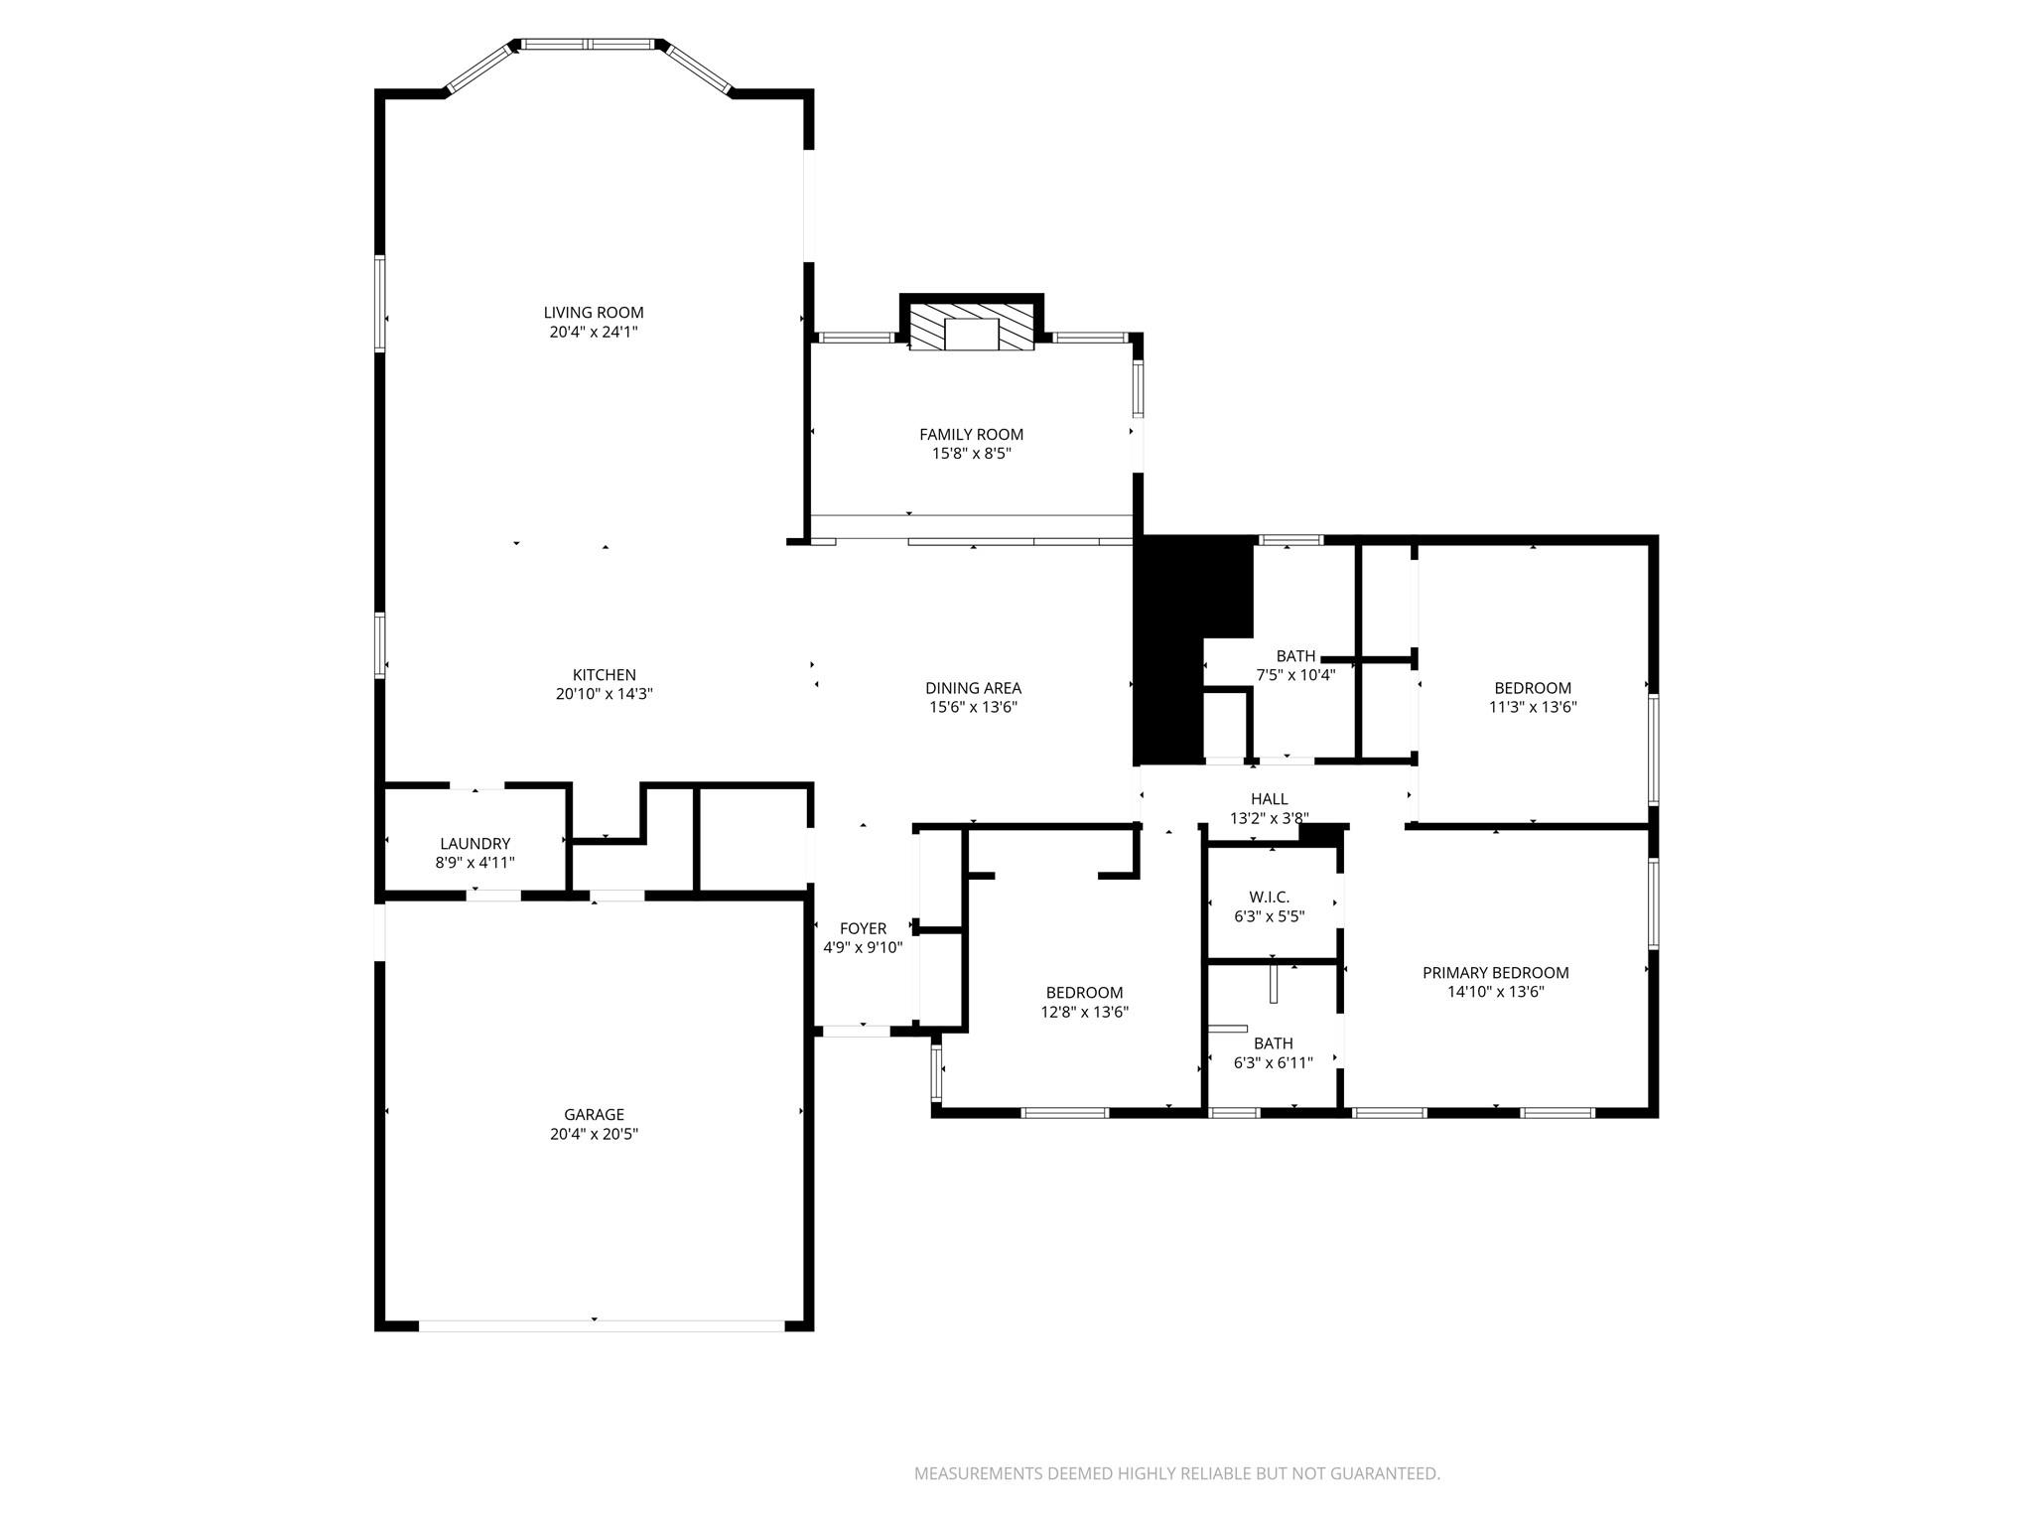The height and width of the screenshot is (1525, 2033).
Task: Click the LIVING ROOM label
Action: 594,313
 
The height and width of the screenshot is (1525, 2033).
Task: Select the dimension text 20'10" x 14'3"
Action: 604,694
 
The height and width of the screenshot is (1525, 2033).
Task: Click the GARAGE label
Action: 594,1114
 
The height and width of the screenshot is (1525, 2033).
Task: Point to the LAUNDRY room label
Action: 474,844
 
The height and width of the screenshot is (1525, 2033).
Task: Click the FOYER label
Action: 863,928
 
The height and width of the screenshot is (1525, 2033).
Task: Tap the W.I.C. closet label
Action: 1269,897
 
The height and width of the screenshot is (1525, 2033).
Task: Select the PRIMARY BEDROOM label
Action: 1495,973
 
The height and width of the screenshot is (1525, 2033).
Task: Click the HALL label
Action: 1269,798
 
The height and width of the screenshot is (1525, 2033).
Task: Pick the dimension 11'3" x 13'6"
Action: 1533,708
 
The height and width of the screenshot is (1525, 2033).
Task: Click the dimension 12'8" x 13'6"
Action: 1084,1013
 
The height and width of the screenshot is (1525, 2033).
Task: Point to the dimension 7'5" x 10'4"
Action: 1295,675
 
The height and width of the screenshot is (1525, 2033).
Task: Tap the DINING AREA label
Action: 973,688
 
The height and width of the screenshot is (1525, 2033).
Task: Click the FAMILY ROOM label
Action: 971,434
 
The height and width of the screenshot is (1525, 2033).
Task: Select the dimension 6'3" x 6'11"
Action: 1273,1062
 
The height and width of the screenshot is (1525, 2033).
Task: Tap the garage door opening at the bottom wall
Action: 602,1325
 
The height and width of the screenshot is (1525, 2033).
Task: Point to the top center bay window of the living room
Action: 589,44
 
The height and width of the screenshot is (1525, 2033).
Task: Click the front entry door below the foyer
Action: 857,1032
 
